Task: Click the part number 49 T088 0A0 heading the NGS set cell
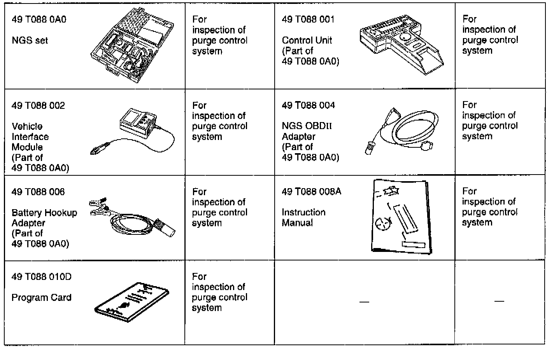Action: (39, 19)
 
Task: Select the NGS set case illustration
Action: (131, 45)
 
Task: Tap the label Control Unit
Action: (307, 40)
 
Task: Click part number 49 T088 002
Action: (38, 106)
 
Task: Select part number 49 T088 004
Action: (308, 105)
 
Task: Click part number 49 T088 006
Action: (38, 192)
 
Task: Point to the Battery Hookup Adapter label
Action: (44, 218)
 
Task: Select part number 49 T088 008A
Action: (311, 192)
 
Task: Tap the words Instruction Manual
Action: (303, 218)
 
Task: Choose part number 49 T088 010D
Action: (42, 277)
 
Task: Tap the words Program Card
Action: (42, 298)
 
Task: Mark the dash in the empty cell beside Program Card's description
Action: (364, 302)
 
